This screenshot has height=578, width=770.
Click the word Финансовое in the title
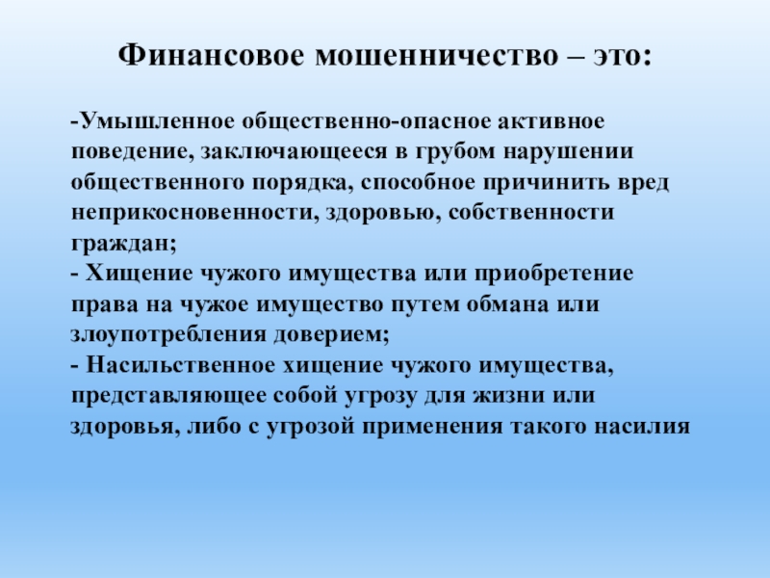tap(211, 55)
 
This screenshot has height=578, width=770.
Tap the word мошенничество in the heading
tap(437, 56)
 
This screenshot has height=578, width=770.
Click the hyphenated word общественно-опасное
tap(366, 122)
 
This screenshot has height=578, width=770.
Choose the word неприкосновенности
tap(192, 213)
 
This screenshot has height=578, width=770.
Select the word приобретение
tap(554, 274)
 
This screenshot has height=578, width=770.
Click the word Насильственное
tap(181, 365)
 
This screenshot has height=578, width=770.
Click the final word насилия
tap(642, 426)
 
